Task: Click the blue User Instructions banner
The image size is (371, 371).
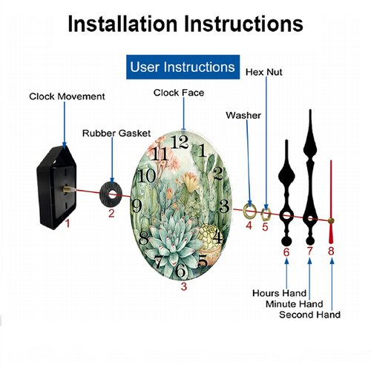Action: (183, 67)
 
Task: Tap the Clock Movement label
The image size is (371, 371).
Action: (67, 96)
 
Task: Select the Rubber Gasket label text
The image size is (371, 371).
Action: (116, 134)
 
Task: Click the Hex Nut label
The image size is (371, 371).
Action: (264, 72)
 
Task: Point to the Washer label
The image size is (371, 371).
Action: (243, 115)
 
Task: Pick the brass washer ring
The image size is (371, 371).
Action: (249, 211)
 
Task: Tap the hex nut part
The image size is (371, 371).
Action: (266, 214)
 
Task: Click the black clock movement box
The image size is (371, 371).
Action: (57, 188)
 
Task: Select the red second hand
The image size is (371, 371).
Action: (331, 202)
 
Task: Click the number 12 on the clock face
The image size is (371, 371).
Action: (180, 142)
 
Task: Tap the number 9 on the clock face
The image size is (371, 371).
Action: (137, 206)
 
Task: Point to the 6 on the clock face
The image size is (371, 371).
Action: (180, 270)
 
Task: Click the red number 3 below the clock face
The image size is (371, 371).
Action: (184, 286)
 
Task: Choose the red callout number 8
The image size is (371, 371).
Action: (331, 252)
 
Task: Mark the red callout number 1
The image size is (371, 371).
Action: (68, 223)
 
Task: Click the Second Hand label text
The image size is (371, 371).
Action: (309, 315)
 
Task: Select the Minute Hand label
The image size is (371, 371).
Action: (295, 304)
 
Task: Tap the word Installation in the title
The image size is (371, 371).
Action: (123, 24)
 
